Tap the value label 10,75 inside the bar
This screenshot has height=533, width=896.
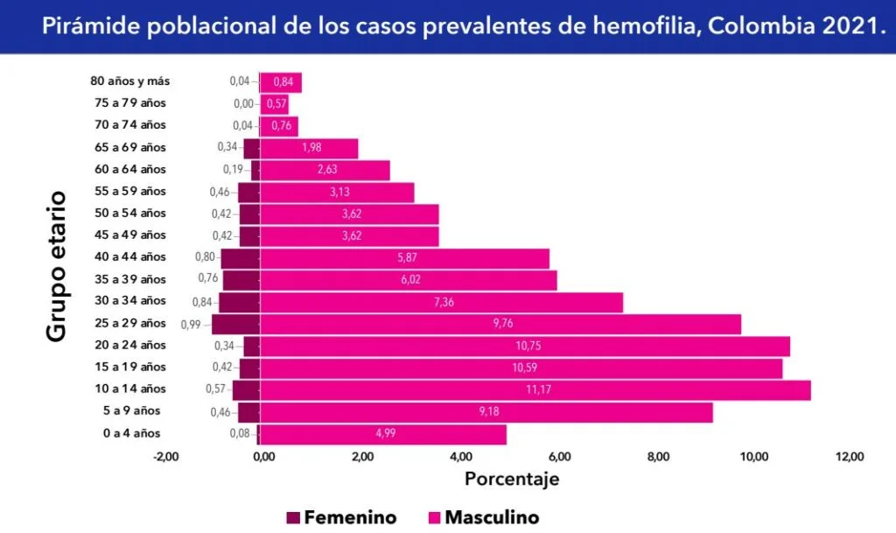(x=526, y=346)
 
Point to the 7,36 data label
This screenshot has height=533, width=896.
(x=442, y=302)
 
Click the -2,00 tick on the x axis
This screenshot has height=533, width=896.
(x=165, y=456)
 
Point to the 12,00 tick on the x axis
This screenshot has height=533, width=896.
(x=850, y=456)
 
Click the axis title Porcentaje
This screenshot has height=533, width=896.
(x=512, y=479)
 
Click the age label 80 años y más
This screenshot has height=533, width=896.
(x=130, y=81)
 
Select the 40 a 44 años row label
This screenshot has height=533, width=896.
(x=129, y=256)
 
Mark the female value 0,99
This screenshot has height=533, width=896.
(x=192, y=324)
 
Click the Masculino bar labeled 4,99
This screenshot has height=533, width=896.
(x=383, y=434)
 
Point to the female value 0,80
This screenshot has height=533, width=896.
(x=204, y=257)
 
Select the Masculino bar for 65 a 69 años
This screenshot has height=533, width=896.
(x=310, y=148)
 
